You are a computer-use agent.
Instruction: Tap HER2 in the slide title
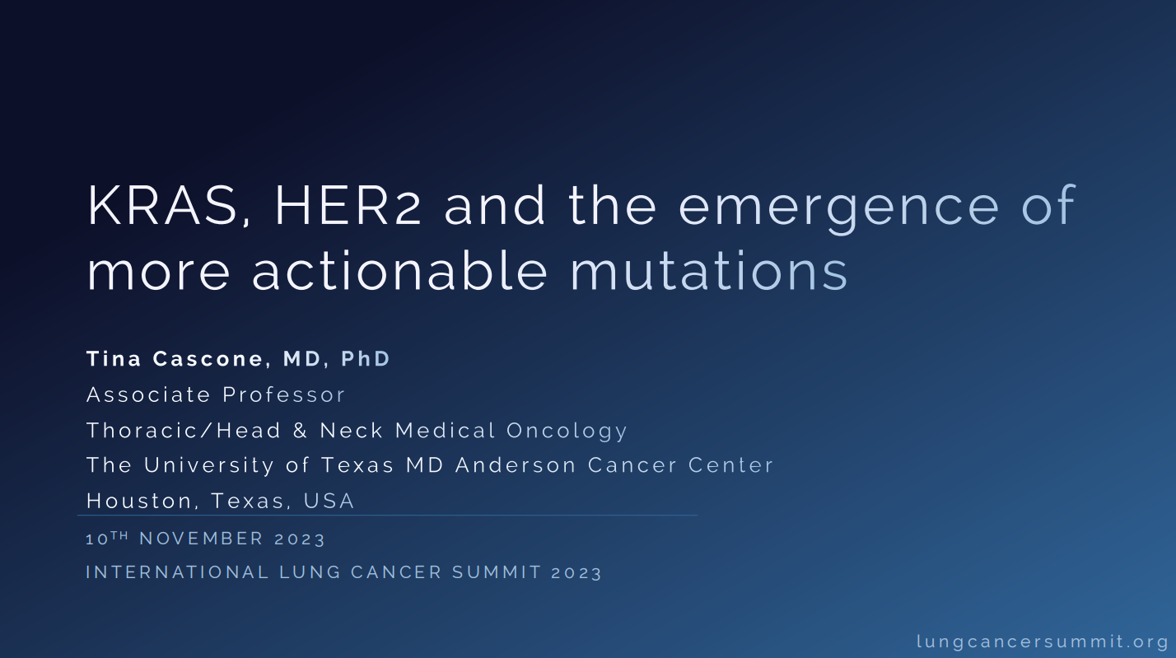[x=348, y=205]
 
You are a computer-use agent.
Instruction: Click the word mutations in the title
[x=709, y=270]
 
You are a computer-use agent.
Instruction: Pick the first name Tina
[x=114, y=359]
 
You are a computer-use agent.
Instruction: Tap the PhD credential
[x=366, y=359]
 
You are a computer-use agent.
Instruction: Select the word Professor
[x=283, y=394]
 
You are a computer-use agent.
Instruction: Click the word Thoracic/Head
[x=184, y=430]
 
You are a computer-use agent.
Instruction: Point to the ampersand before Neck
[x=300, y=430]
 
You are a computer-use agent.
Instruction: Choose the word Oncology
[x=567, y=432]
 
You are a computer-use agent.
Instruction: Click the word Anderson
[x=516, y=465]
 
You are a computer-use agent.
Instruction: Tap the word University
[x=209, y=466]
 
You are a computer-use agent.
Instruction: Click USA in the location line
[x=329, y=501]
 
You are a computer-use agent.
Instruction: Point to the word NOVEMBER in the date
[x=202, y=539]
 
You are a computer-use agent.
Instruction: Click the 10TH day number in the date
[x=107, y=538]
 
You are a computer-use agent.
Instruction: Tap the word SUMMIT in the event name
[x=497, y=572]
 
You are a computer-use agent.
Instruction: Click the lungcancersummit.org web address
[x=1043, y=642]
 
